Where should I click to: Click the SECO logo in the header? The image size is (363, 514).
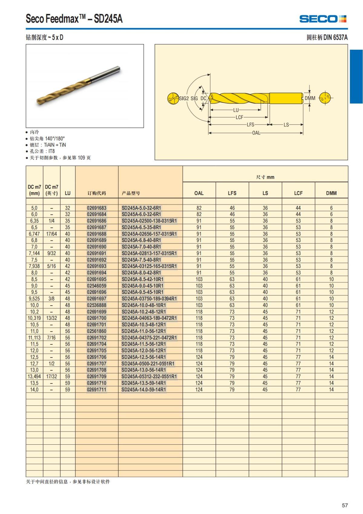pyautogui.click(x=322, y=19)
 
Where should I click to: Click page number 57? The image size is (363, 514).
pyautogui.click(x=345, y=505)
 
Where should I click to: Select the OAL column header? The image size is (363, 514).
pyautogui.click(x=199, y=193)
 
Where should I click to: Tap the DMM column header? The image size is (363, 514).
pyautogui.click(x=331, y=193)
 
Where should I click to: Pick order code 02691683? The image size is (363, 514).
pyautogui.click(x=96, y=208)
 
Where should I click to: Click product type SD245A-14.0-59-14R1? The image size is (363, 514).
pyautogui.click(x=144, y=390)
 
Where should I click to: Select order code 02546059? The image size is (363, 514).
pyautogui.click(x=96, y=286)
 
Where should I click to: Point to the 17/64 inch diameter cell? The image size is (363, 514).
pyautogui.click(x=51, y=234)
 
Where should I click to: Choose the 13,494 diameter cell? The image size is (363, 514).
pyautogui.click(x=34, y=376)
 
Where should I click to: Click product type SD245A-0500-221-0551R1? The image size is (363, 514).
pyautogui.click(x=148, y=363)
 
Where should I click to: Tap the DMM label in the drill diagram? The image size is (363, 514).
pyautogui.click(x=310, y=98)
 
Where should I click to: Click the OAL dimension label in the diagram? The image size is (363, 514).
pyautogui.click(x=256, y=133)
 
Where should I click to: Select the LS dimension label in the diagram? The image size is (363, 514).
pyautogui.click(x=286, y=124)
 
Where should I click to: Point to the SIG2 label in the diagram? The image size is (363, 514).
pyautogui.click(x=184, y=98)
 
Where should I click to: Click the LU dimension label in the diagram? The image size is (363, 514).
pyautogui.click(x=236, y=110)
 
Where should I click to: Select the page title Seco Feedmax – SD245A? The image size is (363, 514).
pyautogui.click(x=74, y=19)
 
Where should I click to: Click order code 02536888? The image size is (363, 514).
pyautogui.click(x=96, y=305)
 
